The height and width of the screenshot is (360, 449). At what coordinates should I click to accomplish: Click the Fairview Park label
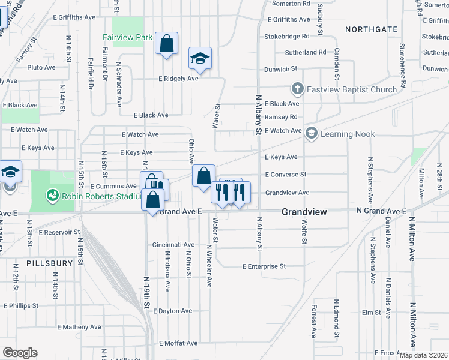click(x=127, y=37)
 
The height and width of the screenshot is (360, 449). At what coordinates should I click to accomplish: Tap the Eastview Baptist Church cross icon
click(x=297, y=89)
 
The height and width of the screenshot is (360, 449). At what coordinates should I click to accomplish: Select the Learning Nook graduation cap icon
click(x=311, y=134)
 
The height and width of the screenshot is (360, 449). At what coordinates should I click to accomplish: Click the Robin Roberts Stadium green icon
click(x=53, y=196)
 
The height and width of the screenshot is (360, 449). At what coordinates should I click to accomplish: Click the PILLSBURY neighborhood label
click(x=49, y=263)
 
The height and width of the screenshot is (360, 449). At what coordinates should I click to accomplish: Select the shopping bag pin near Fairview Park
click(x=166, y=43)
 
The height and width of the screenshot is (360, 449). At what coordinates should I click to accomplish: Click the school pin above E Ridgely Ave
click(x=200, y=58)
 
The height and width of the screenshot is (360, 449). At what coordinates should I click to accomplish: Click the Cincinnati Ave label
click(x=173, y=245)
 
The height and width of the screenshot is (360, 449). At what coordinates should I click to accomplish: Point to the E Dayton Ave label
click(x=172, y=311)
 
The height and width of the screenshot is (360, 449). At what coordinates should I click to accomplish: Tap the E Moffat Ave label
click(x=178, y=343)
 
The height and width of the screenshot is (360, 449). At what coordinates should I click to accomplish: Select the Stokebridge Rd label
click(x=287, y=37)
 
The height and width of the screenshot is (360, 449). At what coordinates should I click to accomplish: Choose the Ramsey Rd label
click(x=281, y=117)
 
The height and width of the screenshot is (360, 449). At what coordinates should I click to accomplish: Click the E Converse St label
click(x=286, y=175)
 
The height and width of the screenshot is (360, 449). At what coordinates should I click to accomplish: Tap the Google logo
click(x=20, y=353)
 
